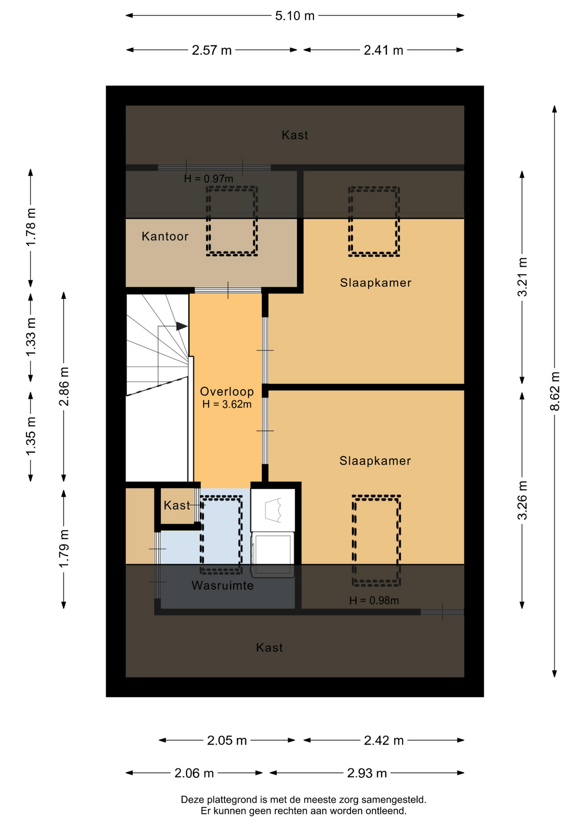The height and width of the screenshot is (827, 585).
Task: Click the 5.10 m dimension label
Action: pyautogui.click(x=295, y=16)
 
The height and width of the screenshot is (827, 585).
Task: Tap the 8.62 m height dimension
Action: pyautogui.click(x=555, y=391)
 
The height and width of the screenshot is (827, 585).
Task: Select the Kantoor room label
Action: pyautogui.click(x=165, y=236)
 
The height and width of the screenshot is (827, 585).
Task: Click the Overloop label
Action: pyautogui.click(x=227, y=392)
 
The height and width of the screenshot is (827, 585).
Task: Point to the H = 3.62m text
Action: pyautogui.click(x=227, y=404)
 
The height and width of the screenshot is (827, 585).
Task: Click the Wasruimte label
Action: pyautogui.click(x=223, y=586)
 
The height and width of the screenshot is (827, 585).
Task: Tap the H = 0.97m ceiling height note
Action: pyautogui.click(x=208, y=179)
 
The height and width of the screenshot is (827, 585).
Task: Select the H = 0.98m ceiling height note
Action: pyautogui.click(x=374, y=600)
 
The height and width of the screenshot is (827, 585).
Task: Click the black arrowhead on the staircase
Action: pyautogui.click(x=182, y=326)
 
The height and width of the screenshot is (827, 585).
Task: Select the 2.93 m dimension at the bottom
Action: pyautogui.click(x=367, y=774)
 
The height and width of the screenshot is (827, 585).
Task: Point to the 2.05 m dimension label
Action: pyautogui.click(x=227, y=741)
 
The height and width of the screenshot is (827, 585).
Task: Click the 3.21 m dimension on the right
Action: pyautogui.click(x=522, y=277)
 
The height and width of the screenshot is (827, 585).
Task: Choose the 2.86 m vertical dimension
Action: pyautogui.click(x=64, y=387)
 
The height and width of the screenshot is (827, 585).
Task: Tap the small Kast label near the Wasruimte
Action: pyautogui.click(x=177, y=506)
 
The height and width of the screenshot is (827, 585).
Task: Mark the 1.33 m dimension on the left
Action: pyautogui.click(x=31, y=338)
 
